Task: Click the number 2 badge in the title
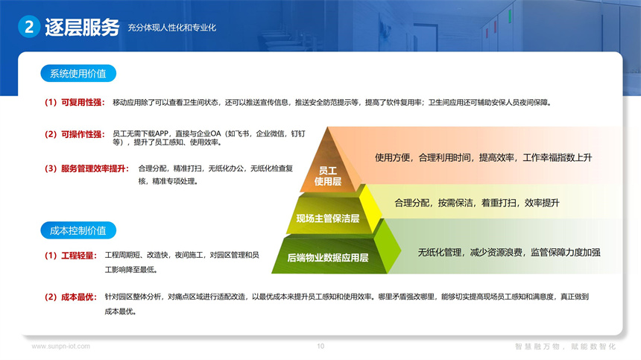[28, 28]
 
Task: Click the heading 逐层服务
[82, 28]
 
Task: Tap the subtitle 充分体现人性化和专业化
[171, 28]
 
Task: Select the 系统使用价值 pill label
[78, 74]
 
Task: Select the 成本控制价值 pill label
[78, 230]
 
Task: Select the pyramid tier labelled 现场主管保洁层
[328, 218]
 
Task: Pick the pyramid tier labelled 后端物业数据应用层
[328, 258]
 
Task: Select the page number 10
[320, 346]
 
